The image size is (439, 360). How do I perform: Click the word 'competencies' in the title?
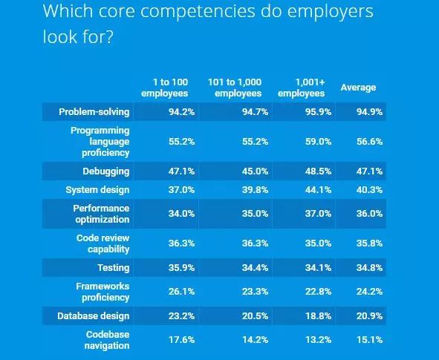click(x=198, y=12)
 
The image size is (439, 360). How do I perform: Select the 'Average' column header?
click(x=358, y=88)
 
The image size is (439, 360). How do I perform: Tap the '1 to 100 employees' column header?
click(x=165, y=88)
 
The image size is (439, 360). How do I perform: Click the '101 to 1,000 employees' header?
click(x=235, y=88)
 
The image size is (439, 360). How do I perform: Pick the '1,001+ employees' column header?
click(x=302, y=88)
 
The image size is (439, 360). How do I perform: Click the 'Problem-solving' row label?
click(x=94, y=112)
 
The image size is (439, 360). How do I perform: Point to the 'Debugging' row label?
click(x=106, y=171)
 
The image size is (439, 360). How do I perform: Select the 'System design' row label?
click(x=98, y=190)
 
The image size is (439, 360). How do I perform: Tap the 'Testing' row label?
click(x=114, y=268)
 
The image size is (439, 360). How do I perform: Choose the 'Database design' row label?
click(x=94, y=315)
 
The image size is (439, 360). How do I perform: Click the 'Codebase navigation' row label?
click(x=107, y=340)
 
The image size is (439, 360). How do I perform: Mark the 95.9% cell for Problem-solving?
click(x=318, y=112)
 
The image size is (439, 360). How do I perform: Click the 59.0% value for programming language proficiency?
click(x=318, y=142)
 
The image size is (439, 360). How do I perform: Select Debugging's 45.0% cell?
click(x=255, y=171)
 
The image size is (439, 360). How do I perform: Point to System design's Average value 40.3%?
click(x=369, y=190)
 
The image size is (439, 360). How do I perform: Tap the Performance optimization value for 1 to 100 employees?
click(x=181, y=214)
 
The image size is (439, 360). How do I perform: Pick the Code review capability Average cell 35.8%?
click(x=369, y=243)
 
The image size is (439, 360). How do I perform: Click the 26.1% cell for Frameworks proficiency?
click(x=181, y=292)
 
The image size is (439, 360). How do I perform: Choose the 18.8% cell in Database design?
click(x=318, y=315)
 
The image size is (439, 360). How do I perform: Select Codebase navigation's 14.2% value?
click(x=255, y=340)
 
